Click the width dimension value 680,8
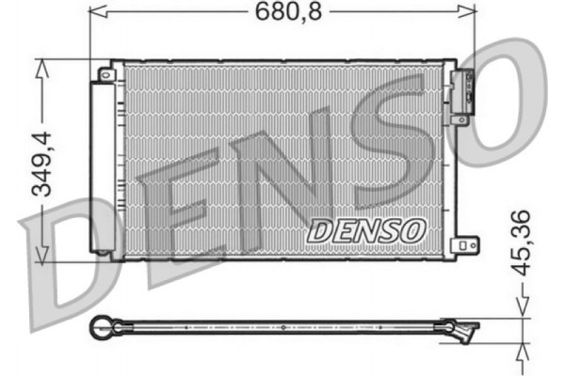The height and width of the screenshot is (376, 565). click(282, 12)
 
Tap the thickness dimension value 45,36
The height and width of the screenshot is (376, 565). click(524, 242)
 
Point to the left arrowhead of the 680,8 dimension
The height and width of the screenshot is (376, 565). click(94, 12)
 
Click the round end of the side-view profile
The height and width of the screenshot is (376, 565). click(98, 328)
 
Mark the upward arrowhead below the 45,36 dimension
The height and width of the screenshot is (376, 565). click(524, 353)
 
